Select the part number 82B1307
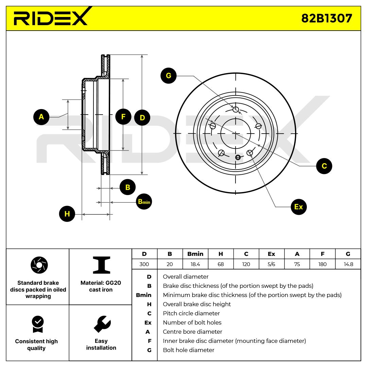327,18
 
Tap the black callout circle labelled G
169,76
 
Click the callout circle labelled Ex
298,207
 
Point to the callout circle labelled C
324,166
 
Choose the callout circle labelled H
67,214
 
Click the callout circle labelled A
41,117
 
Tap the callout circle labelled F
123,117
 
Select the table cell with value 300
144,264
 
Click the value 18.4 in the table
195,264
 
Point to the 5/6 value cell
272,264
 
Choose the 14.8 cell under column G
348,264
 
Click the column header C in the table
246,254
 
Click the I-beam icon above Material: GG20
101,265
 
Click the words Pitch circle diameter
191,313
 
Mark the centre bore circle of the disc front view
235,134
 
